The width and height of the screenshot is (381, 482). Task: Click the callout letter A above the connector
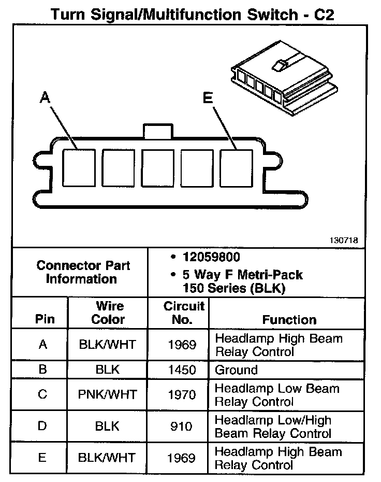click(45, 98)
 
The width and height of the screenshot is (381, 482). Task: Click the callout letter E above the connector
click(208, 98)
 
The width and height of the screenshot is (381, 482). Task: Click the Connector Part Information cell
click(83, 272)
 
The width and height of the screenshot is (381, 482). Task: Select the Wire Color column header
click(108, 313)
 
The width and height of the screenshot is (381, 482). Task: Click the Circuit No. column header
click(183, 313)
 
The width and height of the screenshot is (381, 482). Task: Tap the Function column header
click(289, 319)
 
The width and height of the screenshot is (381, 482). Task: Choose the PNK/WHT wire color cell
click(108, 394)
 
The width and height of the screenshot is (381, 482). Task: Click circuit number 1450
click(182, 370)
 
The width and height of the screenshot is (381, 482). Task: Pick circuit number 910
click(182, 426)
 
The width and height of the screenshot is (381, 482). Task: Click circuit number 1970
click(182, 394)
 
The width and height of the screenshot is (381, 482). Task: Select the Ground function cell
click(236, 370)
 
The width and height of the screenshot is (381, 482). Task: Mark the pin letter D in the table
click(43, 426)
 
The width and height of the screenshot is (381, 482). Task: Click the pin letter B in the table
click(43, 370)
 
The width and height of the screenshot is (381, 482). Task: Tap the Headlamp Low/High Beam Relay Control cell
click(273, 427)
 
